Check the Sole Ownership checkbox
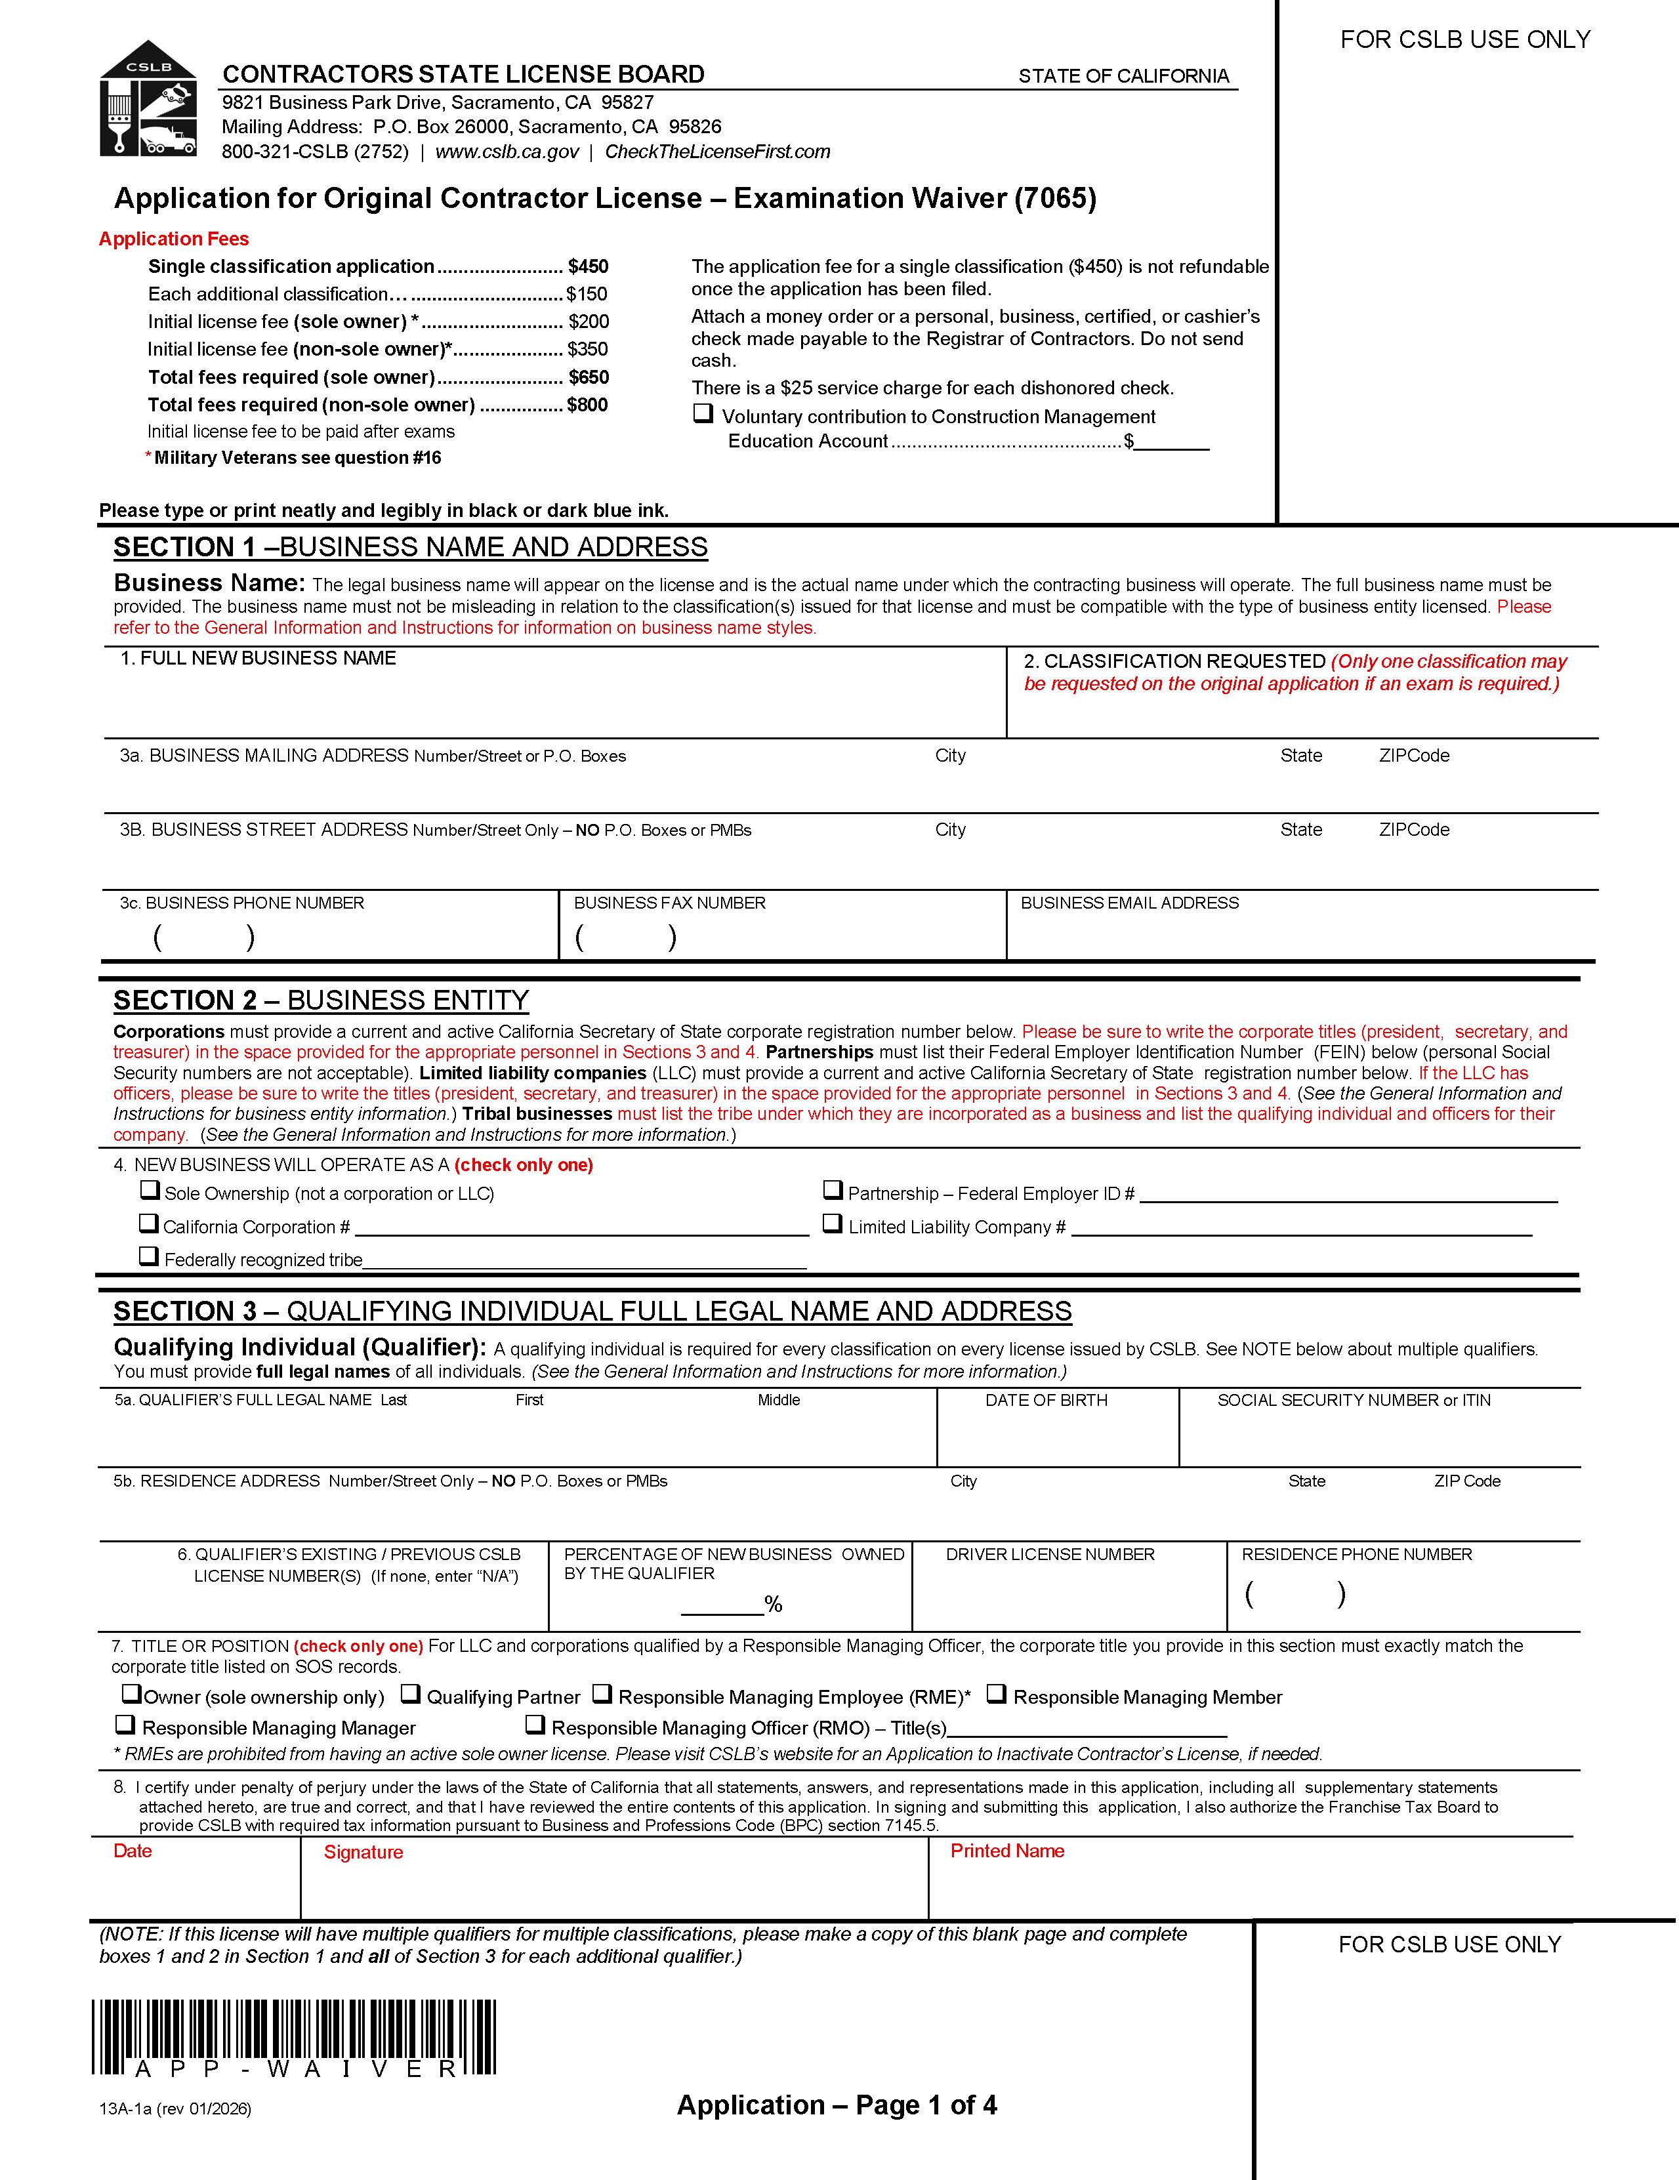pyautogui.click(x=150, y=1190)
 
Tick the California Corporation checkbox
pyautogui.click(x=149, y=1223)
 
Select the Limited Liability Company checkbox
pyautogui.click(x=833, y=1223)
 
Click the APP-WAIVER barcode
pyautogui.click(x=295, y=2037)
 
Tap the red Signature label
pyautogui.click(x=363, y=1853)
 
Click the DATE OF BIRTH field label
pyautogui.click(x=1046, y=1401)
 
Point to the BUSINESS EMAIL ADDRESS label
pyautogui.click(x=1129, y=903)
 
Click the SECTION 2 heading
pyautogui.click(x=320, y=1000)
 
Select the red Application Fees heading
pyautogui.click(x=174, y=239)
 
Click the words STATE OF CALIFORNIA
pyautogui.click(x=1123, y=76)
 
